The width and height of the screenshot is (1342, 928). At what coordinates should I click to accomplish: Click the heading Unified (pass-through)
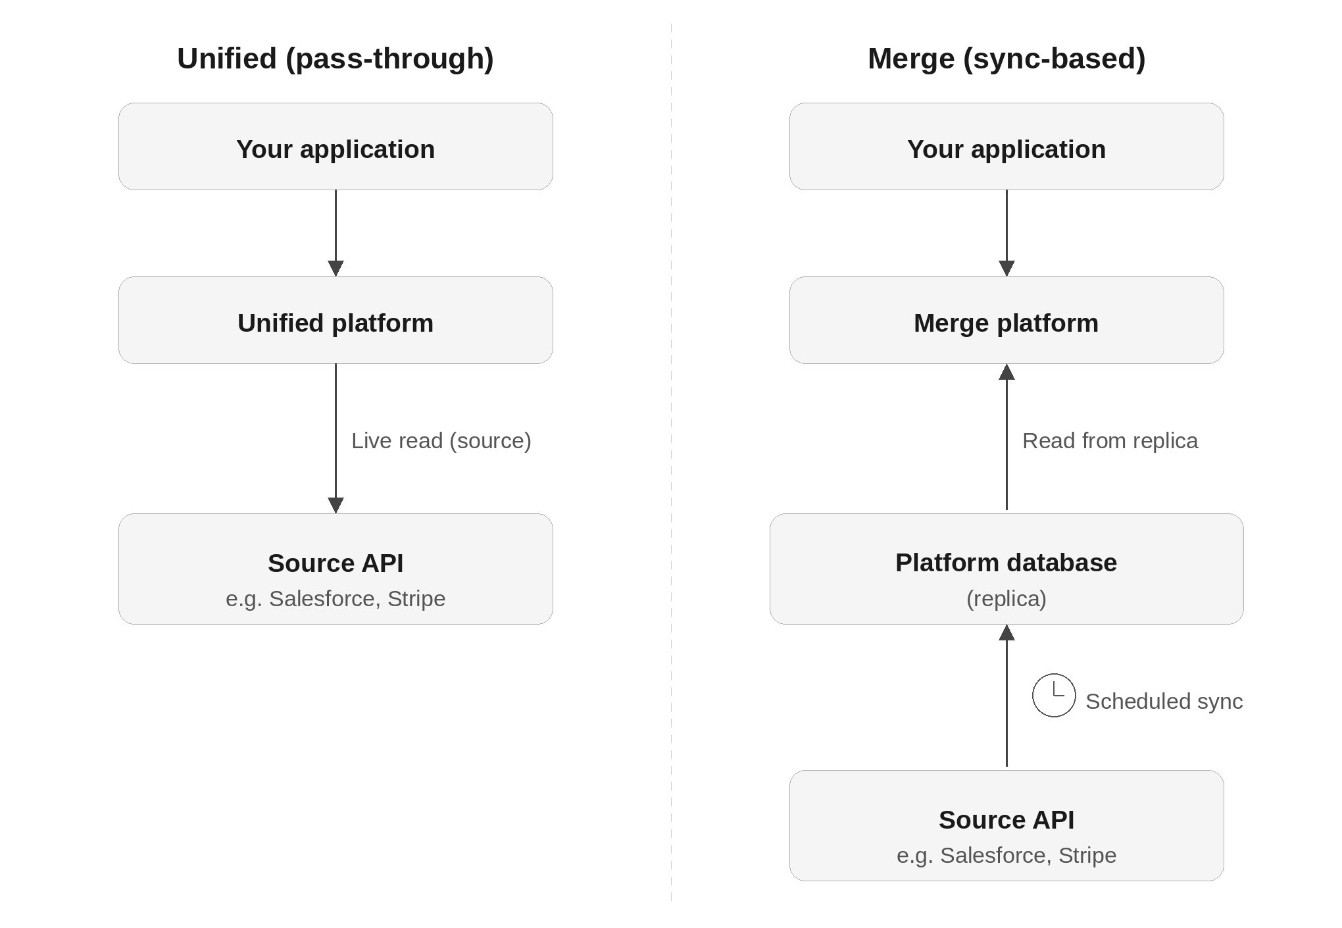click(x=335, y=59)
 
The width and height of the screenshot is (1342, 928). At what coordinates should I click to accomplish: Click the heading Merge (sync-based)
click(x=1006, y=59)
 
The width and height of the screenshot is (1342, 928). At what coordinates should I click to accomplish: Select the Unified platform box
click(x=335, y=321)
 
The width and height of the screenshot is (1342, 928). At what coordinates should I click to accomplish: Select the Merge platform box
click(x=1006, y=321)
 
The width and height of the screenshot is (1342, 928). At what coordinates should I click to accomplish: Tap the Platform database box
click(x=1006, y=569)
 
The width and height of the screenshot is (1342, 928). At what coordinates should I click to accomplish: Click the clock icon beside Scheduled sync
click(x=1054, y=695)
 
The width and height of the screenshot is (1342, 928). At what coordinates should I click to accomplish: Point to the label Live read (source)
click(x=441, y=441)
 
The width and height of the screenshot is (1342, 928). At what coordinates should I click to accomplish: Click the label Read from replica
click(x=1110, y=441)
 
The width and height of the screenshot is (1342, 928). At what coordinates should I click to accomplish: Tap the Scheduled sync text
click(x=1164, y=702)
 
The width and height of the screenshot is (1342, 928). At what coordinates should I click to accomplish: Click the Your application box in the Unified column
click(x=335, y=147)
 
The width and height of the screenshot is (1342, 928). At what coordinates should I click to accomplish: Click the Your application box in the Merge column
click(x=1006, y=147)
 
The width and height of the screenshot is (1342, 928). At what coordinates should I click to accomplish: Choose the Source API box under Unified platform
click(x=335, y=569)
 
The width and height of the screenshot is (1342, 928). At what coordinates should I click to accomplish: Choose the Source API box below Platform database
click(x=1006, y=825)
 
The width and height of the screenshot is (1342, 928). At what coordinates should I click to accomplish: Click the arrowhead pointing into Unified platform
click(x=335, y=269)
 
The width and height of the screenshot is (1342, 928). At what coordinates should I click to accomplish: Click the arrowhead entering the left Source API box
click(x=335, y=505)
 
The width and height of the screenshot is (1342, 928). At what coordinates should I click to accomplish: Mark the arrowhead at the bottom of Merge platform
click(x=1006, y=373)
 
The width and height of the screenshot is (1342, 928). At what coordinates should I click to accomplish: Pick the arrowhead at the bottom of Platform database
click(x=1006, y=633)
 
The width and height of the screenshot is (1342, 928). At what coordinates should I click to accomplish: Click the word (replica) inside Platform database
click(x=1006, y=599)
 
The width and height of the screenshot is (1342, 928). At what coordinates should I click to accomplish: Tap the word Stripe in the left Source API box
click(x=416, y=599)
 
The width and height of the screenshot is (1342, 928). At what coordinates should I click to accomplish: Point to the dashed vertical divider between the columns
click(x=671, y=461)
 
